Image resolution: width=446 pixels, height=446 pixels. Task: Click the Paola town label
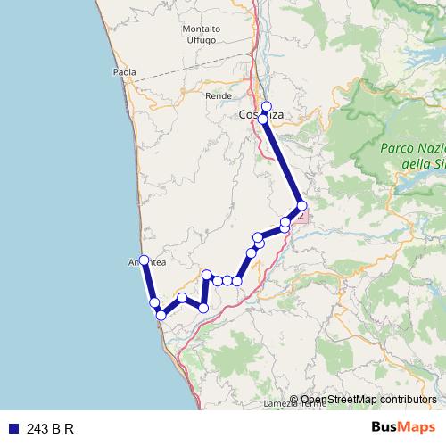click(125, 72)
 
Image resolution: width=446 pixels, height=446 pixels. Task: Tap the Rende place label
click(219, 95)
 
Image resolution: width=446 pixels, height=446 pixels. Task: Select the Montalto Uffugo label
click(202, 35)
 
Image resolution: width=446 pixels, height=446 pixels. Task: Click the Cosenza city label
click(261, 115)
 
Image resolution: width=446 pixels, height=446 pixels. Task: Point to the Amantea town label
click(144, 262)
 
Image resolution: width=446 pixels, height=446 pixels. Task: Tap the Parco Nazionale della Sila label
click(412, 156)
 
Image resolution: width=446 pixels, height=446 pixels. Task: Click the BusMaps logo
click(402, 428)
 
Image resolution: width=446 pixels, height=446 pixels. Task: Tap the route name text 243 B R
click(49, 429)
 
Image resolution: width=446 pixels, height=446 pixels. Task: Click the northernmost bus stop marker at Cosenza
click(266, 106)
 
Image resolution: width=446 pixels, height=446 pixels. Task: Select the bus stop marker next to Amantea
click(144, 260)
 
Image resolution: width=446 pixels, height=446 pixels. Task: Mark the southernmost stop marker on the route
click(161, 315)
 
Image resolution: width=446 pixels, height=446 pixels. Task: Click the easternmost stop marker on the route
click(302, 206)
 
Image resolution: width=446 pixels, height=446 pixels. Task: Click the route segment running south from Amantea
click(149, 282)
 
